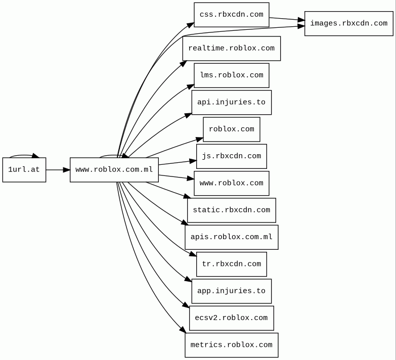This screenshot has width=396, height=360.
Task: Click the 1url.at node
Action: [24, 170]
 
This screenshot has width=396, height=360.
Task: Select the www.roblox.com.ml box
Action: [114, 170]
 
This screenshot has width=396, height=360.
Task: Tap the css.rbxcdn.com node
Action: [232, 15]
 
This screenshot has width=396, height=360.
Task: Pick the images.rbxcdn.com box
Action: [349, 23]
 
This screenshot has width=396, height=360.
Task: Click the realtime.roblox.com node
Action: [232, 49]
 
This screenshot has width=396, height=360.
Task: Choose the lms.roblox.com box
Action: [232, 75]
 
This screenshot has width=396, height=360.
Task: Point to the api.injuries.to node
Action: [232, 103]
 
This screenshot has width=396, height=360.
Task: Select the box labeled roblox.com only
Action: [232, 129]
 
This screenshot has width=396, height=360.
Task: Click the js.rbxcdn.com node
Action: [232, 156]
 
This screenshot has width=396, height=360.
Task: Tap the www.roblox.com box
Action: [232, 183]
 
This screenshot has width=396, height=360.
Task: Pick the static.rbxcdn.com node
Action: [232, 210]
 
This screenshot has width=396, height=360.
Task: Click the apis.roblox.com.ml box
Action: [232, 237]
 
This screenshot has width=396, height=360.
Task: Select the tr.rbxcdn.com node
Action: [232, 264]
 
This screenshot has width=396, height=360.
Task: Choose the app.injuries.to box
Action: [232, 291]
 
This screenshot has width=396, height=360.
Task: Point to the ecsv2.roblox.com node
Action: [232, 318]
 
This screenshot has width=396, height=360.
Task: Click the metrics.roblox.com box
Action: [232, 345]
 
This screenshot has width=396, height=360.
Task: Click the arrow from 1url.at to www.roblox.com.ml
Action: [58, 170]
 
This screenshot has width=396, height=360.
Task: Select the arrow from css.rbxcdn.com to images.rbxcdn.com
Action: [287, 19]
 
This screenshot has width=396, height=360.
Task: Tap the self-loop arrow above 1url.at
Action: [24, 155]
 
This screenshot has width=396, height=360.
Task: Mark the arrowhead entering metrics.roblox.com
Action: [184, 330]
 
